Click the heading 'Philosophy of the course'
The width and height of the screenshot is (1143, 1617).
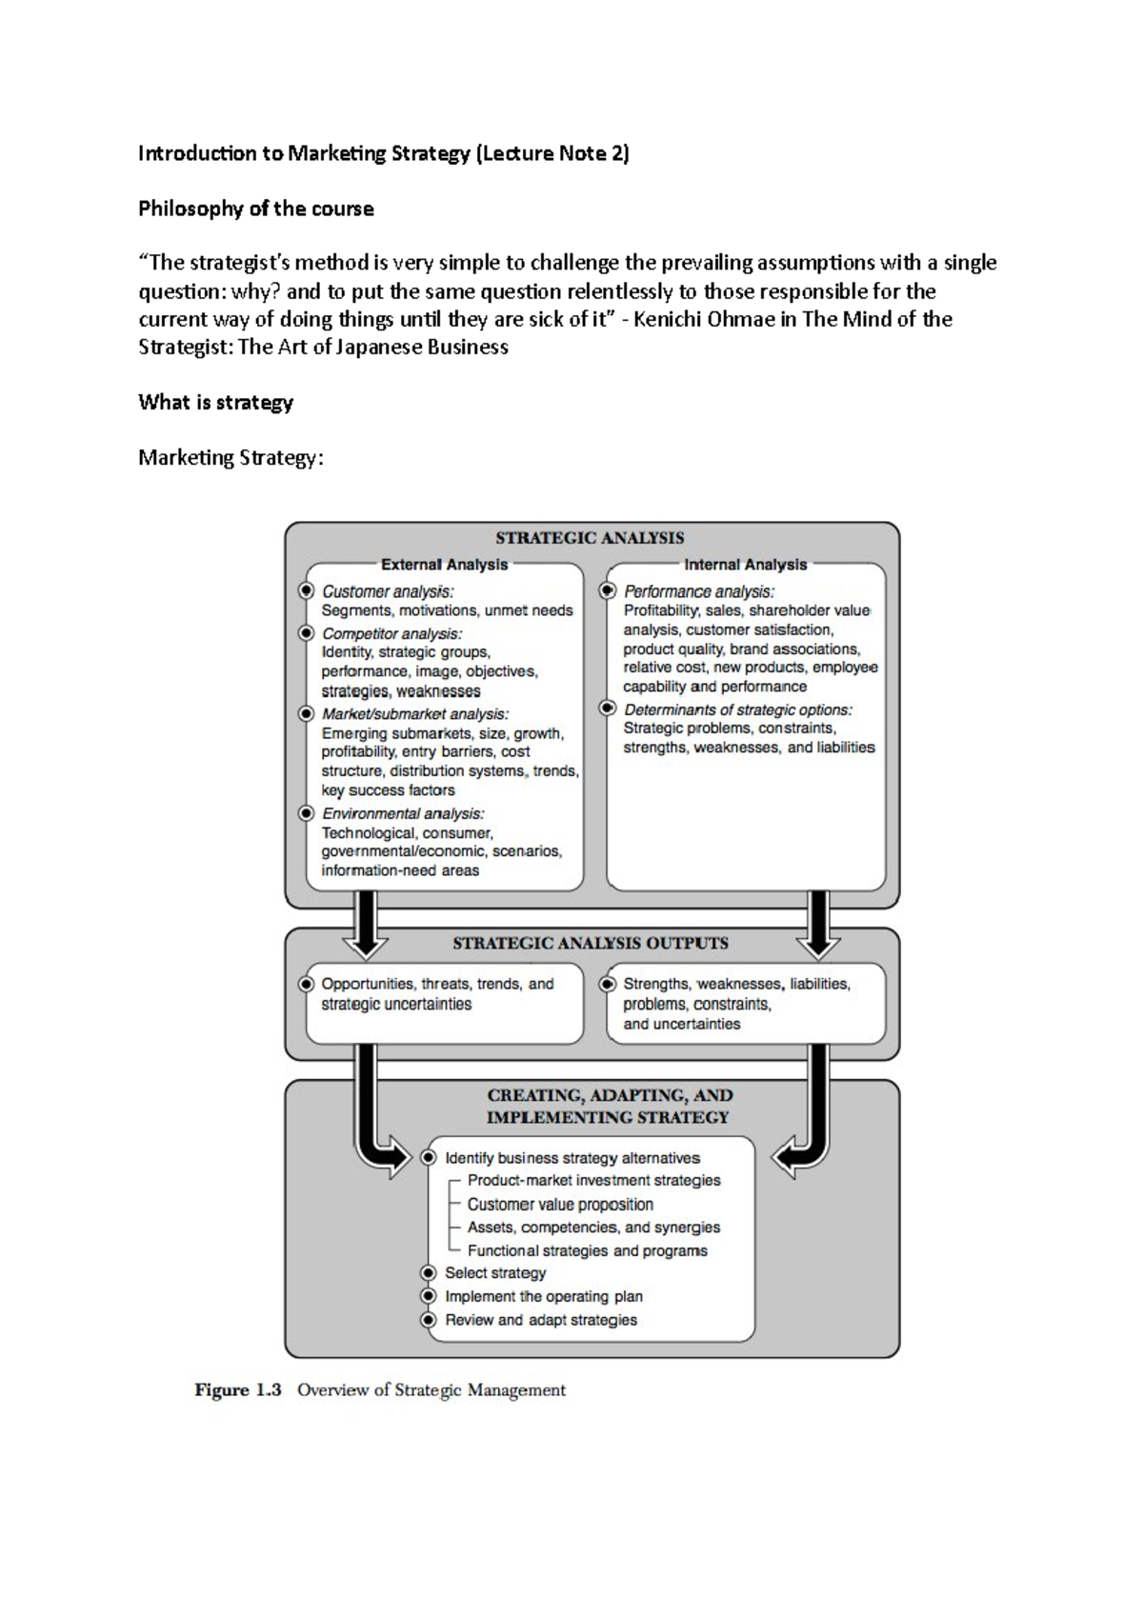pos(255,209)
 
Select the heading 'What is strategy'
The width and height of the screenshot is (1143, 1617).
pos(215,402)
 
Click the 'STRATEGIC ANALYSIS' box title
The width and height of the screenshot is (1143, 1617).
pos(590,537)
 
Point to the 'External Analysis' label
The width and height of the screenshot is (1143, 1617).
pos(444,565)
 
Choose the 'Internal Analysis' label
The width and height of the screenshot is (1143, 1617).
pos(745,565)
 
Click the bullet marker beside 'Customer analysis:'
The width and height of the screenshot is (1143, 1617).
pos(306,591)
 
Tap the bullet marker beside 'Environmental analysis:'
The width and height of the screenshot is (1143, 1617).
pos(306,813)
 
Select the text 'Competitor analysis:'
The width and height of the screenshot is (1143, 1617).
pos(391,633)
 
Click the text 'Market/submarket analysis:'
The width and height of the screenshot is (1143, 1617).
pos(414,714)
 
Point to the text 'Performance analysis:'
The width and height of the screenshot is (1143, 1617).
pos(698,591)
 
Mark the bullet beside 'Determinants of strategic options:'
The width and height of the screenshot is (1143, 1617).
pos(608,709)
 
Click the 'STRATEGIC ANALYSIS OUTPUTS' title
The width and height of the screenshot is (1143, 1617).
pos(590,944)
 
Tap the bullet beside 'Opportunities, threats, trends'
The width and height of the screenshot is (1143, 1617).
pos(306,984)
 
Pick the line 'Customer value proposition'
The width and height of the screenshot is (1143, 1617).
pos(560,1205)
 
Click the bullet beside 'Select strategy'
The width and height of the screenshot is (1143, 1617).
pos(430,1273)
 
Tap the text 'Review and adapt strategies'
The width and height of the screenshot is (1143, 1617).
pos(541,1320)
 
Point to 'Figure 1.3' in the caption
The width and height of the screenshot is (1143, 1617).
pos(238,1390)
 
